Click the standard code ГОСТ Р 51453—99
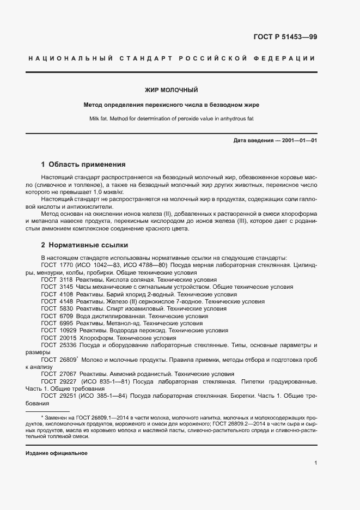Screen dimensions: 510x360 pyautogui.click(x=285, y=37)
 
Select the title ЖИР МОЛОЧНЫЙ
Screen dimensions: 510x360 pyautogui.click(x=170, y=89)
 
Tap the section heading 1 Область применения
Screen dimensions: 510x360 pyautogui.click(x=83, y=164)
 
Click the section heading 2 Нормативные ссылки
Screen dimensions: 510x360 pyautogui.click(x=84, y=245)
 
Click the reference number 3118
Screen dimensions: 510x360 pyautogui.click(x=65, y=279)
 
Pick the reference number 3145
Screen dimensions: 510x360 pyautogui.click(x=65, y=287)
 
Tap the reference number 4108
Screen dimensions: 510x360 pyautogui.click(x=65, y=294)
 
